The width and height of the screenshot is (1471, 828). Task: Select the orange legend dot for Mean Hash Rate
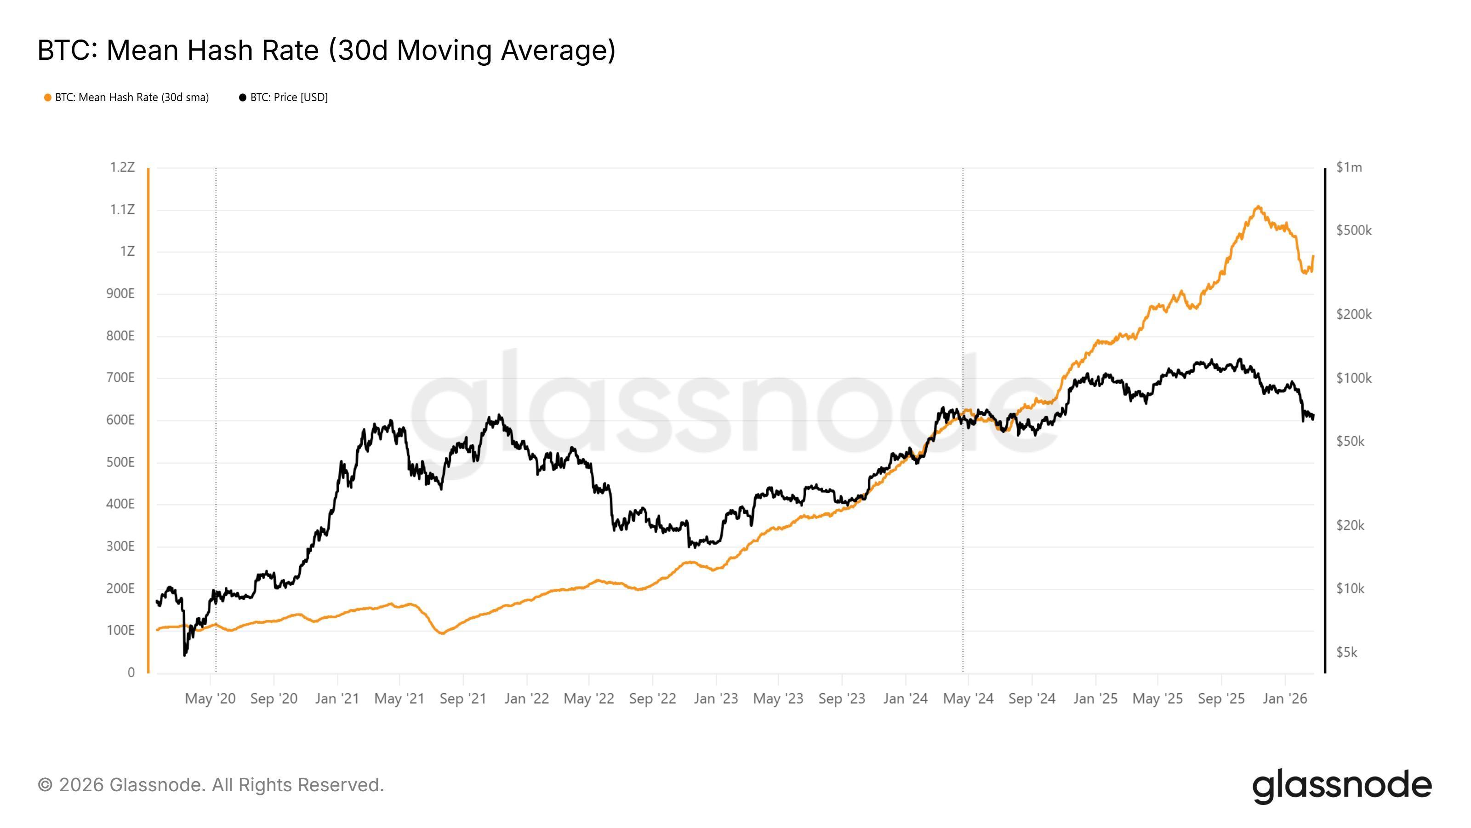(48, 98)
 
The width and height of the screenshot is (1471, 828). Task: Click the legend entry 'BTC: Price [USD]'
(288, 98)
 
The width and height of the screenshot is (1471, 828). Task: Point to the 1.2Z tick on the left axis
(122, 167)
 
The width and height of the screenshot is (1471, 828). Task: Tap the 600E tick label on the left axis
(120, 420)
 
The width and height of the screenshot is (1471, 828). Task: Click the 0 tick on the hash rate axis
(131, 673)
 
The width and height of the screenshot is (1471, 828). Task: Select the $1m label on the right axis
(1349, 167)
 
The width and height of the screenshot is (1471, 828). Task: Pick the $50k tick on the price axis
(1350, 442)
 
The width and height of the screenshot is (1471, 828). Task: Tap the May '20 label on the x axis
(210, 699)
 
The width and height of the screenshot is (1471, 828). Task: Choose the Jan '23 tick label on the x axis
(716, 699)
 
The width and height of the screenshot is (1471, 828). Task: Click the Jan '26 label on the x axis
(1285, 699)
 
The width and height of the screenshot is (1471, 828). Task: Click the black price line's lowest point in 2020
(184, 655)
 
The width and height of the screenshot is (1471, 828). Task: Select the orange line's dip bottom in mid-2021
(442, 633)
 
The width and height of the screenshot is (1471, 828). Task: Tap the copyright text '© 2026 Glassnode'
(211, 785)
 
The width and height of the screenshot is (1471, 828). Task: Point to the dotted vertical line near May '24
(963, 514)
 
